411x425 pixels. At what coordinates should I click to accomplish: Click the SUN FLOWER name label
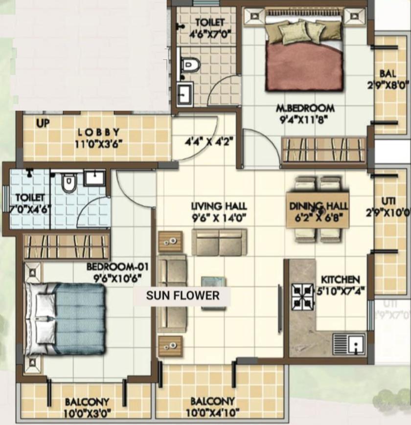pyautogui.click(x=183, y=295)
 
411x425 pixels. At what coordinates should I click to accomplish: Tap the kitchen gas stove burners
pyautogui.click(x=302, y=295)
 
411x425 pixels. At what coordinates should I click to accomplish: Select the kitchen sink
pyautogui.click(x=349, y=343)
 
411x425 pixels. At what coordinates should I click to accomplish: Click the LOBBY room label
pyautogui.click(x=98, y=133)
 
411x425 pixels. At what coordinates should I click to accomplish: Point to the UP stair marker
pyautogui.click(x=43, y=124)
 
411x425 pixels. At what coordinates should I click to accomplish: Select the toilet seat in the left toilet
pyautogui.click(x=69, y=183)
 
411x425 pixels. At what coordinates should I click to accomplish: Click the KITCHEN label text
pyautogui.click(x=340, y=279)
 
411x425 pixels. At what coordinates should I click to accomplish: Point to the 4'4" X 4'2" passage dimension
pyautogui.click(x=208, y=143)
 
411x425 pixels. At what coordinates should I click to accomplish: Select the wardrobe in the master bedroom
pyautogui.click(x=323, y=150)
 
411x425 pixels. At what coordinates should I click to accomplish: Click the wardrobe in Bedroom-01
pyautogui.click(x=66, y=246)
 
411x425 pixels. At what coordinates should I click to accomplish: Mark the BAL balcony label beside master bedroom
pyautogui.click(x=388, y=73)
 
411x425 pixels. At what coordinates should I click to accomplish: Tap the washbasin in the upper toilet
pyautogui.click(x=185, y=93)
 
